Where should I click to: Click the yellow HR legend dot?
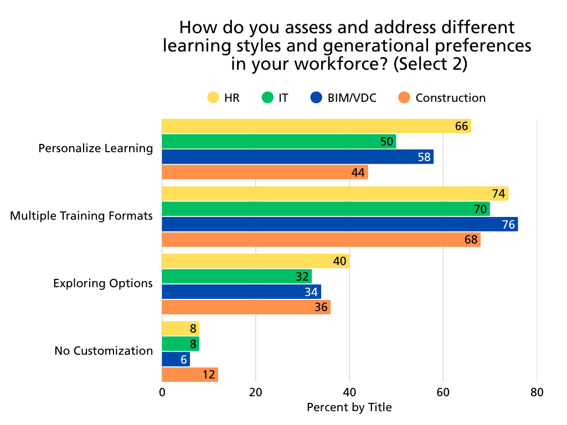click(x=213, y=98)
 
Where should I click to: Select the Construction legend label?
click(x=450, y=98)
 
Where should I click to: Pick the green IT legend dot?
click(x=267, y=98)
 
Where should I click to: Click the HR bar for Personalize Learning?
click(x=316, y=126)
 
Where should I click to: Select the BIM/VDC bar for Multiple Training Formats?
click(x=339, y=224)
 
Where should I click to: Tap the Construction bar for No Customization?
click(x=189, y=375)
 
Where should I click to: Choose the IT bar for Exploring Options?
click(x=236, y=276)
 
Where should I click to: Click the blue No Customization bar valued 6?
click(x=176, y=359)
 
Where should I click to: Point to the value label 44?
click(x=358, y=173)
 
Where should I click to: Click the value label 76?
click(x=508, y=225)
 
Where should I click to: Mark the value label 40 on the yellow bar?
click(x=339, y=261)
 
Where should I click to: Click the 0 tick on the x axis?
click(x=162, y=393)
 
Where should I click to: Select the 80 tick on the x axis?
click(x=537, y=393)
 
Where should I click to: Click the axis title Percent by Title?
click(x=349, y=408)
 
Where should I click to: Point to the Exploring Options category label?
click(x=102, y=283)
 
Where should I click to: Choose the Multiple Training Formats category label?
click(x=81, y=216)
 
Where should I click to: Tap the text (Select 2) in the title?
click(x=430, y=64)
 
